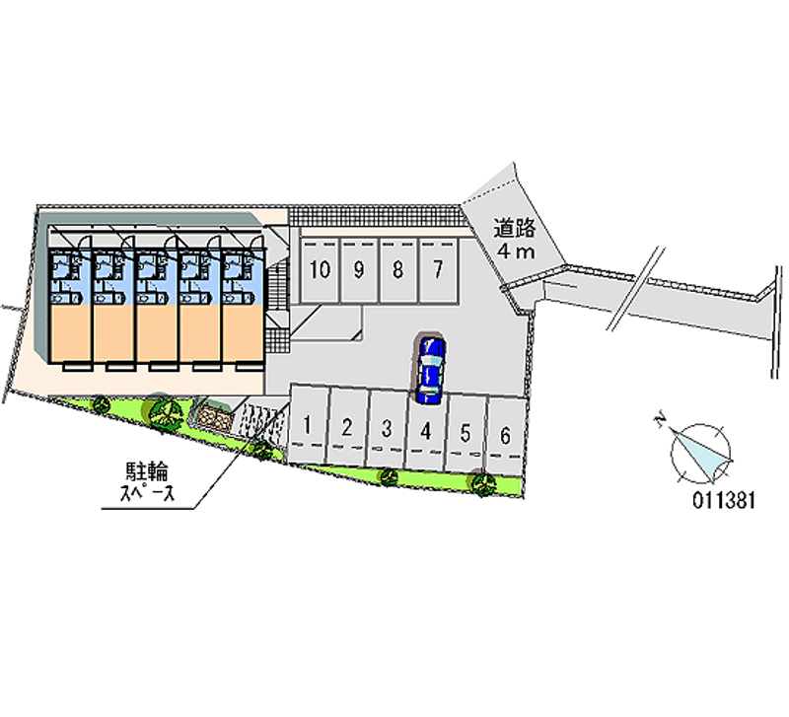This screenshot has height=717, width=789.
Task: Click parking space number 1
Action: [x=309, y=426]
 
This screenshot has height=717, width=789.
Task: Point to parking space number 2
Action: [x=347, y=428]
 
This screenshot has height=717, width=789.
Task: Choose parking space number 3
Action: [x=388, y=429]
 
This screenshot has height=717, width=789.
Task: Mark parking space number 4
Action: [x=426, y=431]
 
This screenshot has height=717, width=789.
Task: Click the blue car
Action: [x=430, y=368]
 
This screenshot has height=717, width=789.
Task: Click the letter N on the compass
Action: [x=659, y=420]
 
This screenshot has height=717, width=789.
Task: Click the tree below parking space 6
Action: [x=482, y=482]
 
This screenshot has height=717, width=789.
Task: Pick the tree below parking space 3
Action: [x=389, y=476]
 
